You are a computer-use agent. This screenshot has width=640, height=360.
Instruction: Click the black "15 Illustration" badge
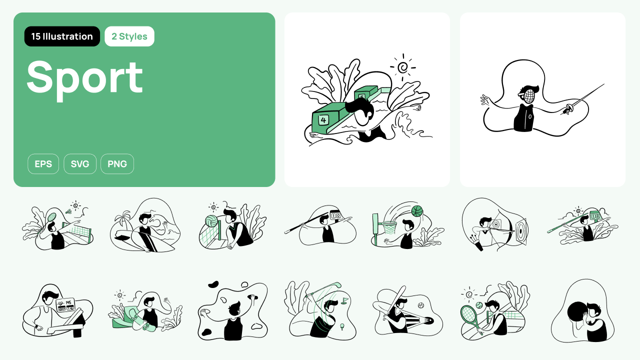click(62, 36)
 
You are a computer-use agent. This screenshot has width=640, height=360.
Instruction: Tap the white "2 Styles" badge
click(129, 36)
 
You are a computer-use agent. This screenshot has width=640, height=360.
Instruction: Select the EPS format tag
click(43, 163)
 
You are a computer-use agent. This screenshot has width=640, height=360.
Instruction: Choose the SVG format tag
click(80, 163)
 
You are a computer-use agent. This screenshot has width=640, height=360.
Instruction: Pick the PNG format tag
click(117, 163)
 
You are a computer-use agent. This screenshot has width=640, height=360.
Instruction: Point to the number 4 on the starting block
click(323, 120)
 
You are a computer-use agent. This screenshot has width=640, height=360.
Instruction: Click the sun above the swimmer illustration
click(403, 67)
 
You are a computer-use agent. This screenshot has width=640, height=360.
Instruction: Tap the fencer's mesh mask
click(529, 96)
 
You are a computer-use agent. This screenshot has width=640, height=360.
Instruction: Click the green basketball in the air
click(417, 211)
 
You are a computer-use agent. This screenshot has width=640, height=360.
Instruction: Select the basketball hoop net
click(389, 227)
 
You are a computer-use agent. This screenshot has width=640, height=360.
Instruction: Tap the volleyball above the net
click(211, 221)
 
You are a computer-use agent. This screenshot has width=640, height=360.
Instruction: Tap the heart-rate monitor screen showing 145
click(65, 305)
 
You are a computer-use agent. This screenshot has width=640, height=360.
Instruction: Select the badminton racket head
click(51, 217)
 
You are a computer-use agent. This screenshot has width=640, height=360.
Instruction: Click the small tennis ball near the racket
click(479, 305)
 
